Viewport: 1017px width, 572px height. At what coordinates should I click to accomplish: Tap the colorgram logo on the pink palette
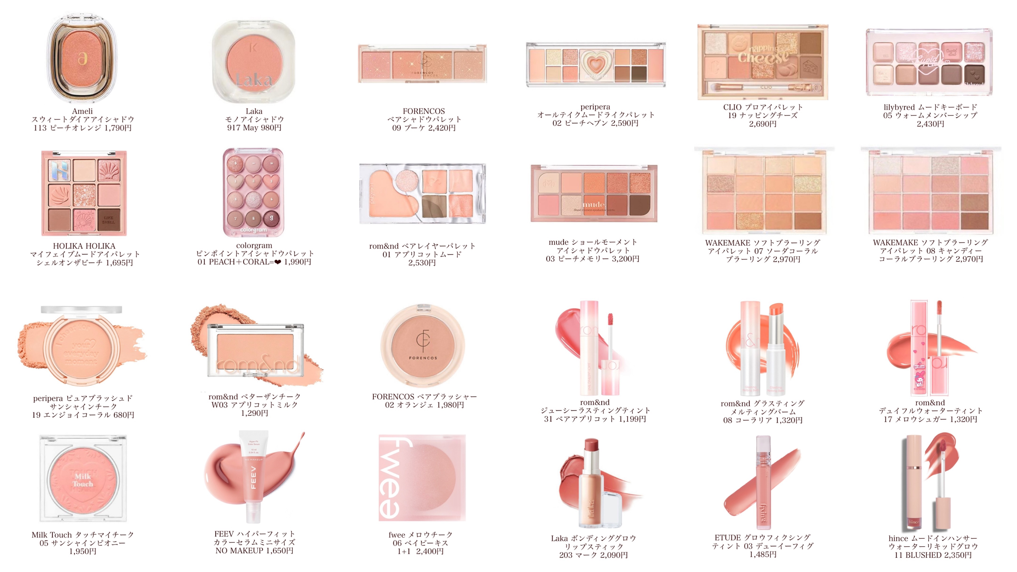254,229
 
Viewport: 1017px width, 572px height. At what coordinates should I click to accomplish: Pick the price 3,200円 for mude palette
625,259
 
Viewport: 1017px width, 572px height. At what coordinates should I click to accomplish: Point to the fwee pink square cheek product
422,478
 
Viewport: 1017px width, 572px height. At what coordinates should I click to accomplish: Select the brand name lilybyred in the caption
899,107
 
